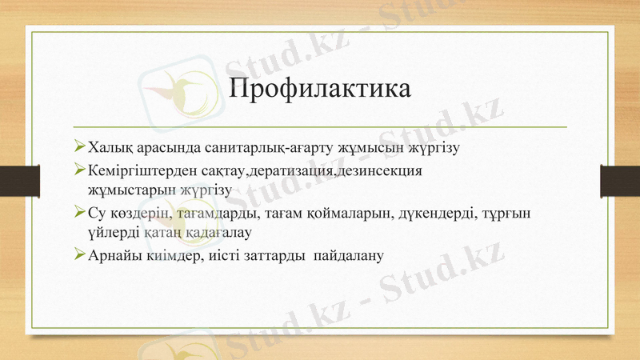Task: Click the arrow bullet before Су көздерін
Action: point(78,213)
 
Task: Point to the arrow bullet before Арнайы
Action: point(78,255)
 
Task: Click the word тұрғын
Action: point(514,214)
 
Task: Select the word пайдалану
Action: point(350,256)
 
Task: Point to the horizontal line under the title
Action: point(320,127)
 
